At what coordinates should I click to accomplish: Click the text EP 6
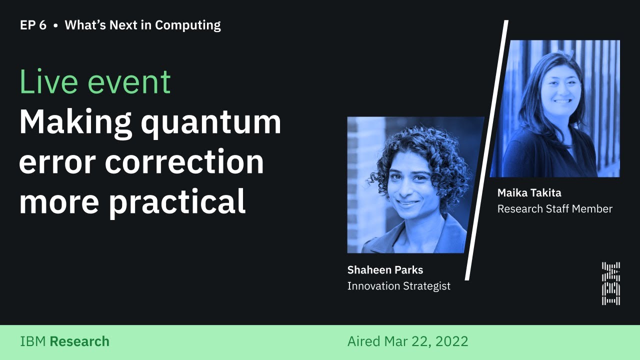33,25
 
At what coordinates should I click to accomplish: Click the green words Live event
95,82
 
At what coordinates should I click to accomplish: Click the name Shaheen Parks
385,270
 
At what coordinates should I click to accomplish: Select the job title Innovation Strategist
398,286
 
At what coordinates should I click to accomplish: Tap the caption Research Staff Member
554,209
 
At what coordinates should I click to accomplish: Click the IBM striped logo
610,283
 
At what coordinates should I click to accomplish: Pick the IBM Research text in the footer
64,342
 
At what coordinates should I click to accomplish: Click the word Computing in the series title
187,25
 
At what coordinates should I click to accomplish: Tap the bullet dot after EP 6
55,25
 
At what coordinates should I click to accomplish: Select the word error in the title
55,162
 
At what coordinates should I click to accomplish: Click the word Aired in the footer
364,342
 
